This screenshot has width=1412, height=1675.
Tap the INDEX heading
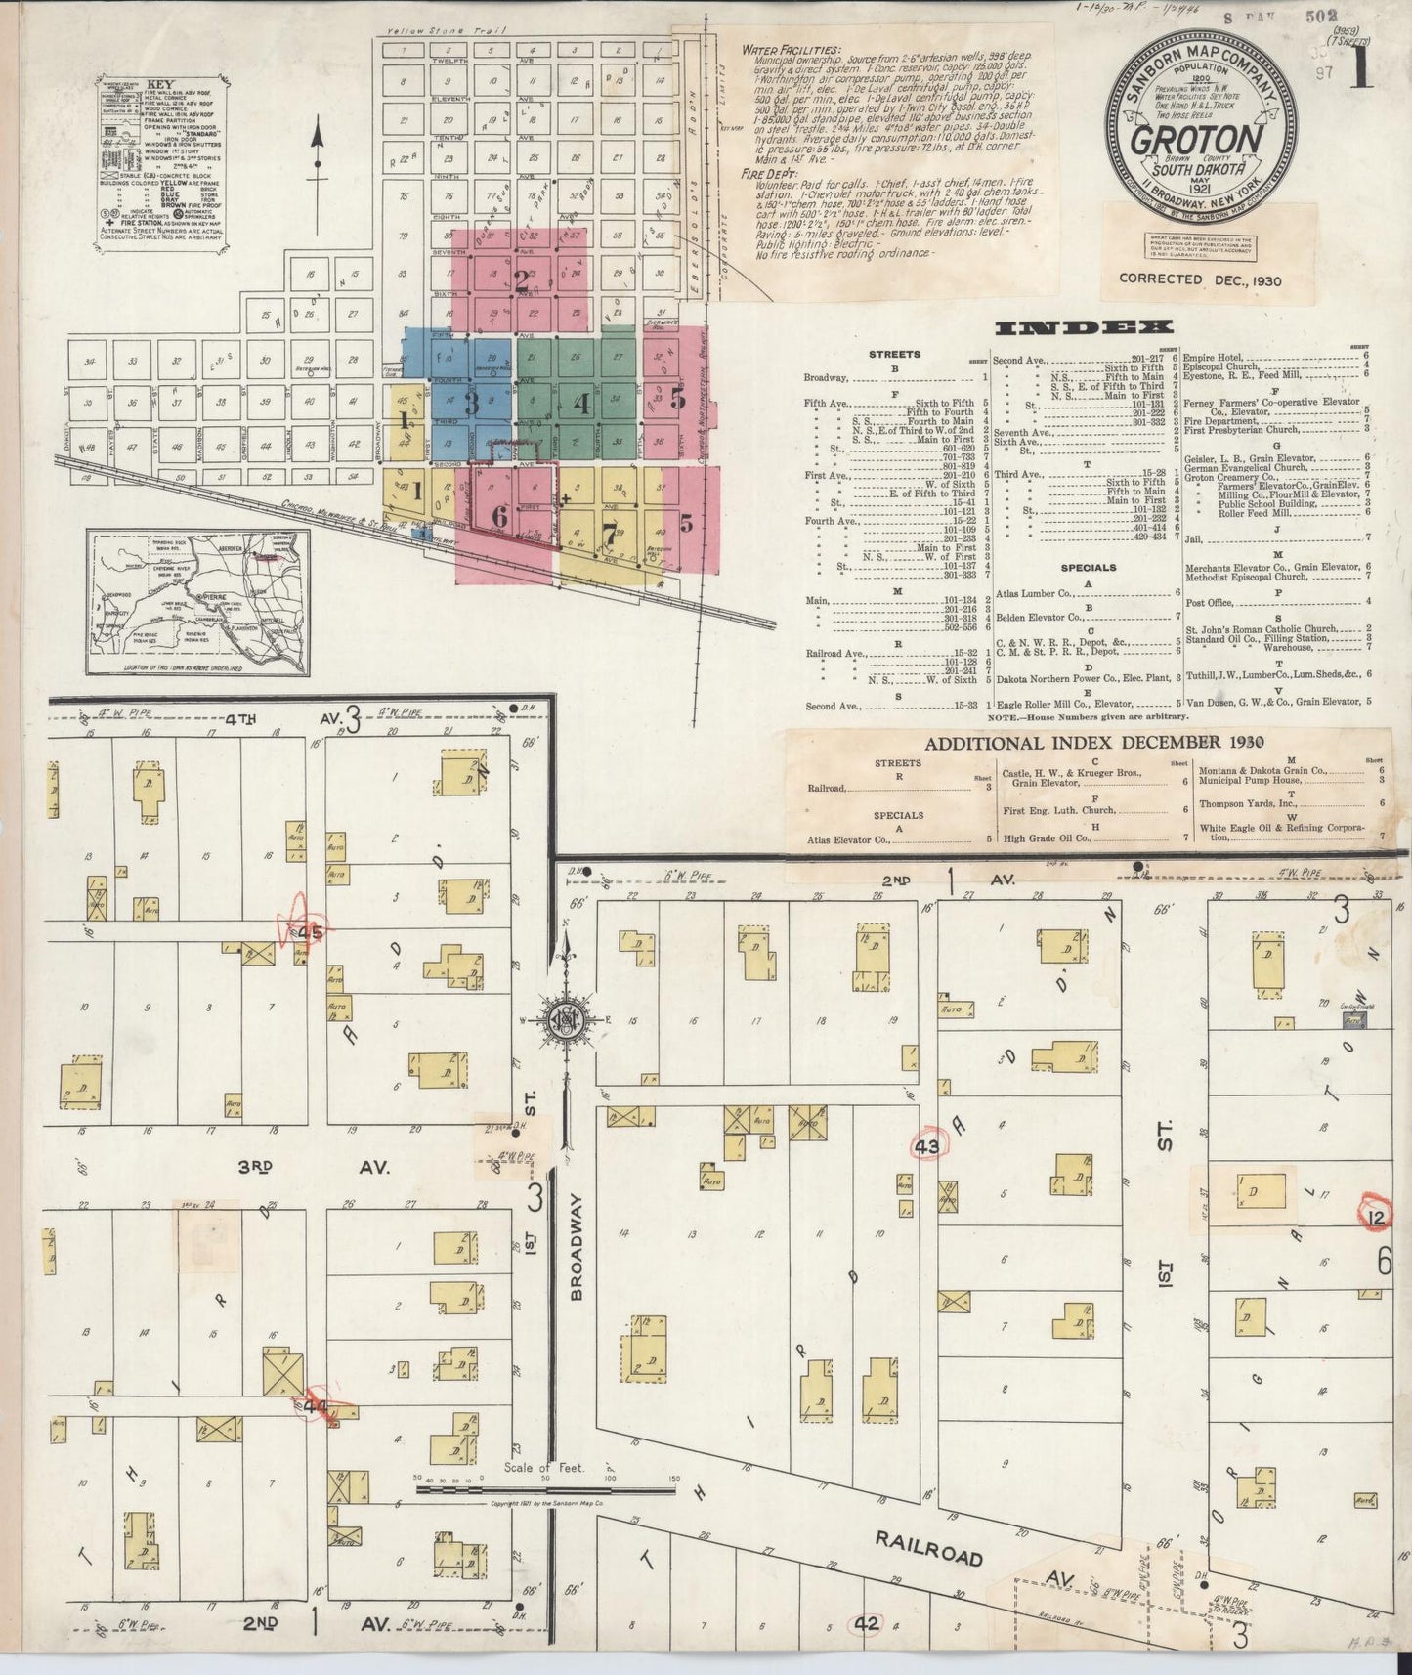[x=1084, y=327]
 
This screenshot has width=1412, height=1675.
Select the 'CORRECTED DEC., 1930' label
[x=1200, y=279]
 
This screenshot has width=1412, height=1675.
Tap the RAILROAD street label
[x=927, y=1549]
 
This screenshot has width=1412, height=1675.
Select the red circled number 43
[x=926, y=1146]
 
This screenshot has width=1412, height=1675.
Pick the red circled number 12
[x=1377, y=1217]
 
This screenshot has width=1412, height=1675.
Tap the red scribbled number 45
[x=308, y=932]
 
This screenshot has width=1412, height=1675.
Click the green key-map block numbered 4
[x=580, y=403]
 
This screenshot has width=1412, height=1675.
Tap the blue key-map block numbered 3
[x=471, y=401]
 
